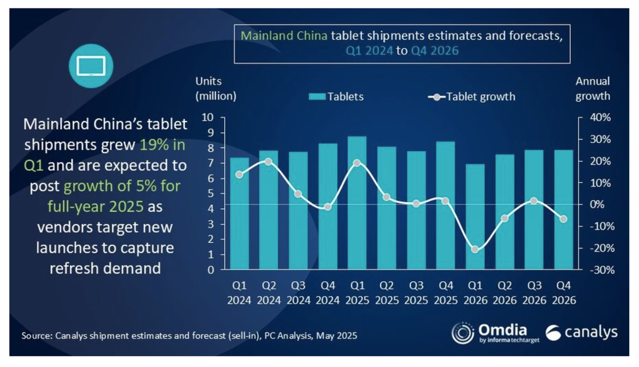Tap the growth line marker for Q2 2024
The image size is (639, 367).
pos(268,161)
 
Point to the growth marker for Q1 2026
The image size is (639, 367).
pos(475,249)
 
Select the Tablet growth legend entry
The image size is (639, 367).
pos(472,97)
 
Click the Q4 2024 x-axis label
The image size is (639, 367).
pos(327,293)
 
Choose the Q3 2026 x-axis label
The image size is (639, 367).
pos(535,293)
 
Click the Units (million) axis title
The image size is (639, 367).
pos(216,89)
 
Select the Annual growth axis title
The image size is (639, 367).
pos(593,89)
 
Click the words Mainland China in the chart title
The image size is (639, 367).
pos(284,36)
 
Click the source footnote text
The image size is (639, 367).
pos(189,337)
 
